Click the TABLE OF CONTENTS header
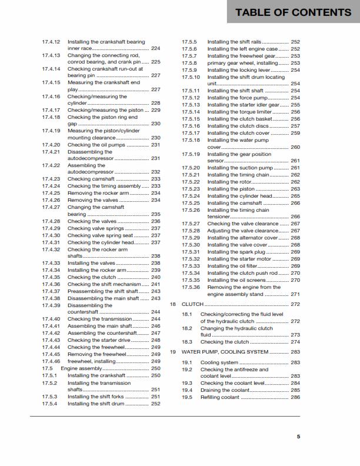click(293, 12)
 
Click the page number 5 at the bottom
click(298, 437)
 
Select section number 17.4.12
click(51, 42)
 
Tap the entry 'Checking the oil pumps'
click(96, 145)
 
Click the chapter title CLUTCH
click(192, 304)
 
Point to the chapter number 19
click(173, 352)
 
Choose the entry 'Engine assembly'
click(82, 368)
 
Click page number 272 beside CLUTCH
click(295, 304)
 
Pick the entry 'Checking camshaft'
click(91, 179)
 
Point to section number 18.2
click(187, 328)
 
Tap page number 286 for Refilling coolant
click(295, 397)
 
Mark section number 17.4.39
click(51, 305)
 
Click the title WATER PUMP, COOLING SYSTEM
click(225, 352)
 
